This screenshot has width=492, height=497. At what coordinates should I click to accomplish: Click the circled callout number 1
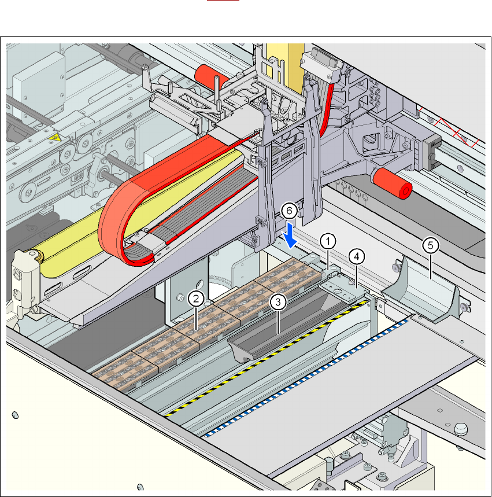(x=328, y=240)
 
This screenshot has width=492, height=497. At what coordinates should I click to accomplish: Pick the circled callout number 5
(x=431, y=245)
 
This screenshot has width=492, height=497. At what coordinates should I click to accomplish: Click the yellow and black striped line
(x=260, y=359)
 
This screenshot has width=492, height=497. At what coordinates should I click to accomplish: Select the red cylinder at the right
(x=391, y=184)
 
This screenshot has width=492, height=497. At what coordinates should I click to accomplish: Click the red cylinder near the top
(x=212, y=75)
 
